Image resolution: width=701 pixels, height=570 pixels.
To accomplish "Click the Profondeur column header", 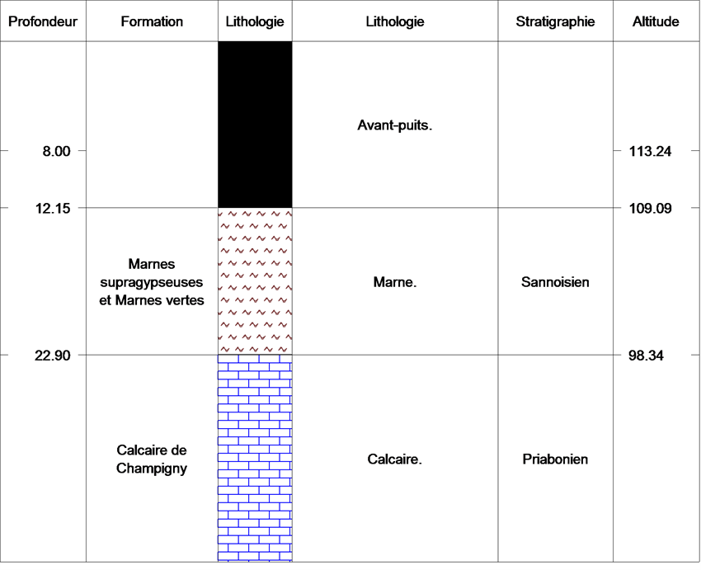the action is [x=43, y=21].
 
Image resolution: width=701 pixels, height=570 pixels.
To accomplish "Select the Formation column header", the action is [x=152, y=21].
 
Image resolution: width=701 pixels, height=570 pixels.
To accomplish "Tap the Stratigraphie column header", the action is [x=555, y=21].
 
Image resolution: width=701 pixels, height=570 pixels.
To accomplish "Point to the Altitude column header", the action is [x=656, y=21].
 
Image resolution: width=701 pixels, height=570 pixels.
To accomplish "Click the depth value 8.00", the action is [x=57, y=151].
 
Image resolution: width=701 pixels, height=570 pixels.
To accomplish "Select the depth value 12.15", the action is [x=54, y=208].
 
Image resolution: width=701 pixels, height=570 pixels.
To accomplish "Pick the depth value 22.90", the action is [x=53, y=356].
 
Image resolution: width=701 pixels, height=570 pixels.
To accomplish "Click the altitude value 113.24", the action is [x=651, y=151].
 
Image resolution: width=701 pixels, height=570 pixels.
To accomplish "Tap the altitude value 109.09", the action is [x=651, y=208].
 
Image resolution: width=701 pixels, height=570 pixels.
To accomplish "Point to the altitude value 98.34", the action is [x=646, y=356].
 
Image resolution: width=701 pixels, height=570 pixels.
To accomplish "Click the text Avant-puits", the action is [x=395, y=125].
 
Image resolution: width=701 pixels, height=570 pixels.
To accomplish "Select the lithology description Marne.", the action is [x=395, y=282].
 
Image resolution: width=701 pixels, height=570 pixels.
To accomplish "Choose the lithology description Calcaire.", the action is [x=395, y=459].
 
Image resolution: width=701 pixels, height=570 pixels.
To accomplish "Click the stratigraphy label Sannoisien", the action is [x=555, y=282].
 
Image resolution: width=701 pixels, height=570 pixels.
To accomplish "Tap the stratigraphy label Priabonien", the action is [x=555, y=459].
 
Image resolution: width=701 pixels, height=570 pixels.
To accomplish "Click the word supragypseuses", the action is [x=152, y=283].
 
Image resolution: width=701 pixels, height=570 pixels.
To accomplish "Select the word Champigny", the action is [x=152, y=469].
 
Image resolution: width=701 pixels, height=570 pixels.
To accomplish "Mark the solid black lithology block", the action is [x=256, y=125].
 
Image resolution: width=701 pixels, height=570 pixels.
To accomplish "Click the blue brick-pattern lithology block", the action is [x=256, y=459].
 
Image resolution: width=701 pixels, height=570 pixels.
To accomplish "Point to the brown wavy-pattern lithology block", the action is [x=256, y=281].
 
